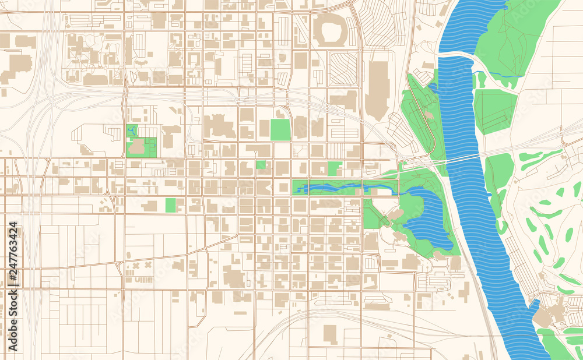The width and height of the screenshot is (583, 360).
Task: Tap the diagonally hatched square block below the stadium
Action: pyautogui.click(x=343, y=68)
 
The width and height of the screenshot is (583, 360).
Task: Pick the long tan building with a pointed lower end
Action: pyautogui.click(x=378, y=87)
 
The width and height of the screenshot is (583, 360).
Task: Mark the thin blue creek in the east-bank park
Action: pyautogui.click(x=501, y=75)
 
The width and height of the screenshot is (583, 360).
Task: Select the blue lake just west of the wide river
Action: pyautogui.click(x=429, y=218)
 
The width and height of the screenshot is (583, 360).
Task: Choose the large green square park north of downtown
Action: pyautogui.click(x=280, y=129)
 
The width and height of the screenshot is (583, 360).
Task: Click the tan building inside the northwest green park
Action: pyautogui.click(x=138, y=147)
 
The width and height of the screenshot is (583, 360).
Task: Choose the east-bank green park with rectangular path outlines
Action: pyautogui.click(x=494, y=111)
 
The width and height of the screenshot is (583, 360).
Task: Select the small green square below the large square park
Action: pyautogui.click(x=261, y=165)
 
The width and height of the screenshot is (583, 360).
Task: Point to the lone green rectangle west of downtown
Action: pyautogui.click(x=170, y=205)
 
